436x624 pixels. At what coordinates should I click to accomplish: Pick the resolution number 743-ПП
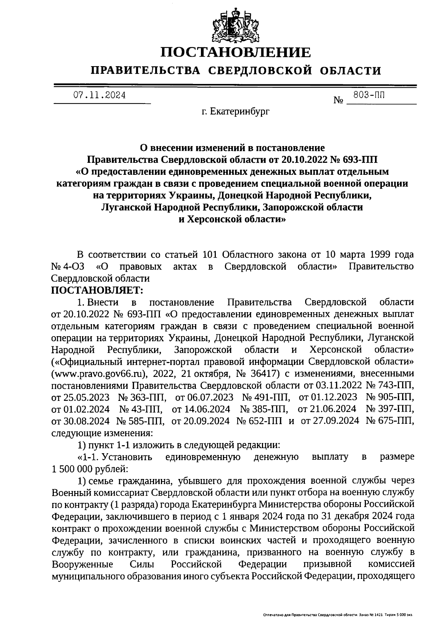[396, 385]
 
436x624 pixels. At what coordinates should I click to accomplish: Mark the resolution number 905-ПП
[396, 397]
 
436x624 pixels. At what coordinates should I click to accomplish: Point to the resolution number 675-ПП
[396, 421]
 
